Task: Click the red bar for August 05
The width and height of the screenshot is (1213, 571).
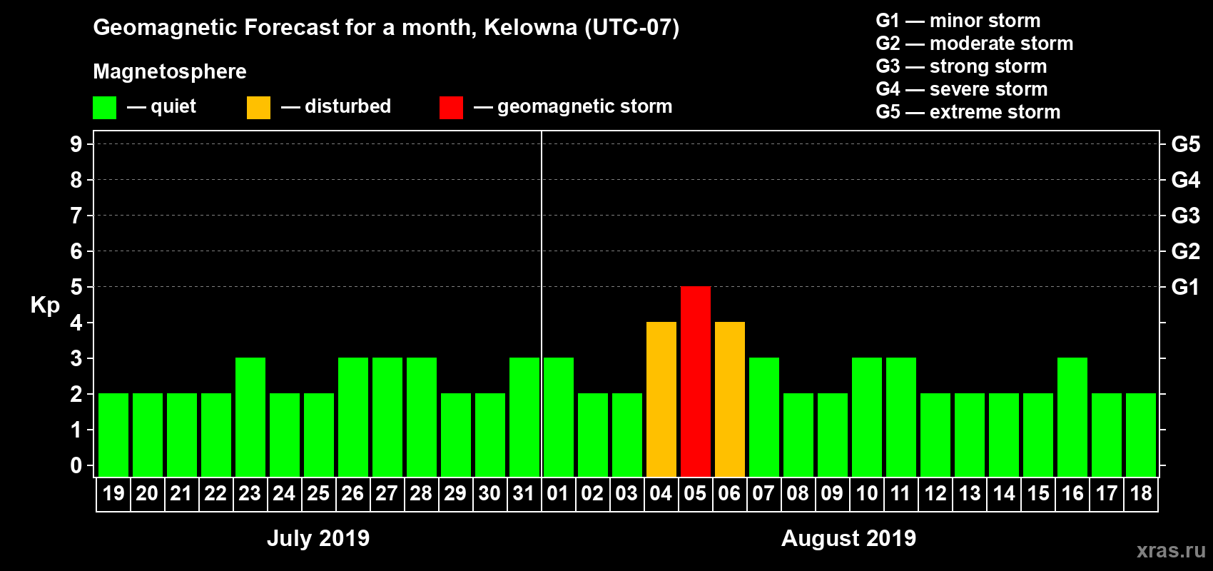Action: (696, 381)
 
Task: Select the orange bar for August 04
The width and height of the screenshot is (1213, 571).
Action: (661, 399)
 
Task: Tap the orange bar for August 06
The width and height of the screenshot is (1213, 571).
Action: (730, 399)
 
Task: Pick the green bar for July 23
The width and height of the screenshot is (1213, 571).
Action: (250, 417)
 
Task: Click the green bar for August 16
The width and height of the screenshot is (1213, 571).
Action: (1072, 417)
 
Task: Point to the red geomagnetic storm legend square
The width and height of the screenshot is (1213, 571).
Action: (451, 108)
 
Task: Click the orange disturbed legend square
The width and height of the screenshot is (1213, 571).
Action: (258, 108)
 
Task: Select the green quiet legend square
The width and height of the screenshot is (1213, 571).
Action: (104, 108)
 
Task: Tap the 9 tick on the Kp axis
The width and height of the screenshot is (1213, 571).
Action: (76, 144)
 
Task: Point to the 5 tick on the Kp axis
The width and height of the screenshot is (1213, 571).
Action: (76, 287)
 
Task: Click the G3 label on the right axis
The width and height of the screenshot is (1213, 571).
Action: (1185, 216)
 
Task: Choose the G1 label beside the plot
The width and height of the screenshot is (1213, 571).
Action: (1185, 287)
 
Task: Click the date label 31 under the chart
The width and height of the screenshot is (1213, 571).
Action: (524, 493)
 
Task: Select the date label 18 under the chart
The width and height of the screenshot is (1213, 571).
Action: (1141, 493)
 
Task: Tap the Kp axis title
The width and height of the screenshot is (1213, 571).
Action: (45, 305)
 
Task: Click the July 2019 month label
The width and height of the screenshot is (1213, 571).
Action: (318, 538)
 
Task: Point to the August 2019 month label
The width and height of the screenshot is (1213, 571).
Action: (848, 538)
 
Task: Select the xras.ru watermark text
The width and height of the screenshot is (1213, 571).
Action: (1171, 550)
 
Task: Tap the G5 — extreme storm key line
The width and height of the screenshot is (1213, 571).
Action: (968, 112)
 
